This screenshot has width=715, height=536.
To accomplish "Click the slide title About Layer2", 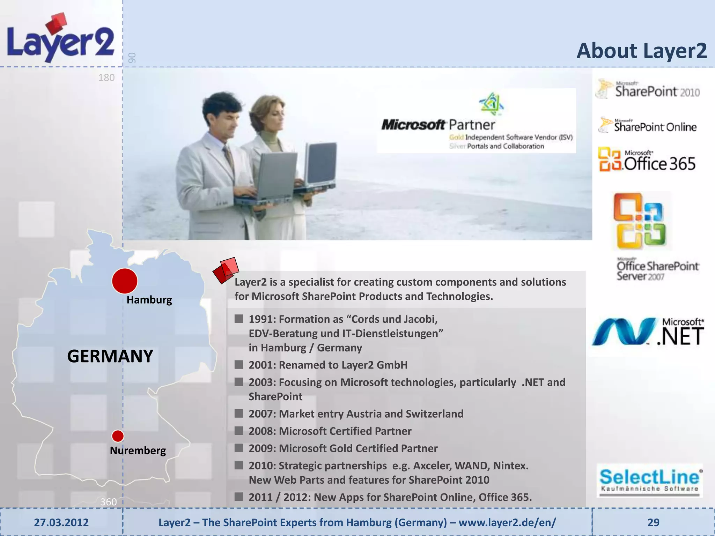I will (x=641, y=51).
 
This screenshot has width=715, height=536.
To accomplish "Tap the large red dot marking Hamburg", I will (x=125, y=281).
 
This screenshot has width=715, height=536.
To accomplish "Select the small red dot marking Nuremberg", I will (x=118, y=436).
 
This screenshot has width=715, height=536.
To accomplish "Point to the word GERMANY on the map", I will (x=110, y=356).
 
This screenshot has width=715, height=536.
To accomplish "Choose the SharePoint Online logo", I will (x=648, y=126).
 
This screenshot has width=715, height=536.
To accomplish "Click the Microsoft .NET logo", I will (x=648, y=332).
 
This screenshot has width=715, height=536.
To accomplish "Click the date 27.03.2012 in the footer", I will (x=61, y=522).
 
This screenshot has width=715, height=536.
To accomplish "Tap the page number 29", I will (x=653, y=522).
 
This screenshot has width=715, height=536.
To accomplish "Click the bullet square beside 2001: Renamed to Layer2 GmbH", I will (x=239, y=365).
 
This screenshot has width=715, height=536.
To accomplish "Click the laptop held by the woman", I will (x=320, y=164).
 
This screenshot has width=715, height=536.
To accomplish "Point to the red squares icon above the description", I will (x=226, y=270).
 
